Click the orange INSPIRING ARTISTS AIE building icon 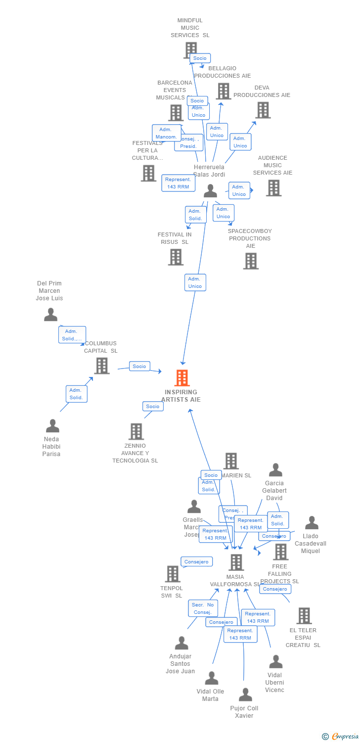tap(182, 378)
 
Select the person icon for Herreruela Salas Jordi tap(210, 191)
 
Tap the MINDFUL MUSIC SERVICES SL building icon tap(190, 50)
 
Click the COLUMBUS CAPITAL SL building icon tap(101, 366)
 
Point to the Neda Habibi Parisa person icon tap(52, 426)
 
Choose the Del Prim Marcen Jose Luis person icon tap(50, 315)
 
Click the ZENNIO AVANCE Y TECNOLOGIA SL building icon tap(136, 431)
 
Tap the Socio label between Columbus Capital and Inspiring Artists tap(139, 366)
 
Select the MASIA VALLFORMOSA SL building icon tap(236, 562)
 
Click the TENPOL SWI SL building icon tap(172, 574)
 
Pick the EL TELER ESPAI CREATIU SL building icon tap(304, 616)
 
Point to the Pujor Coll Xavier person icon tap(245, 695)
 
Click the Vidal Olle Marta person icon tap(211, 678)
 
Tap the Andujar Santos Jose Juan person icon tap(181, 643)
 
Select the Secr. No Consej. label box tap(203, 608)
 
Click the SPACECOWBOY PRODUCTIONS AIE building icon tap(251, 261)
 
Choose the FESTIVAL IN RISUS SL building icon tap(176, 257)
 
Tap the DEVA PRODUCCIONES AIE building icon tap(263, 110)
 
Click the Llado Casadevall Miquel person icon tap(312, 523)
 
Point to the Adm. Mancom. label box tap(166, 133)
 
